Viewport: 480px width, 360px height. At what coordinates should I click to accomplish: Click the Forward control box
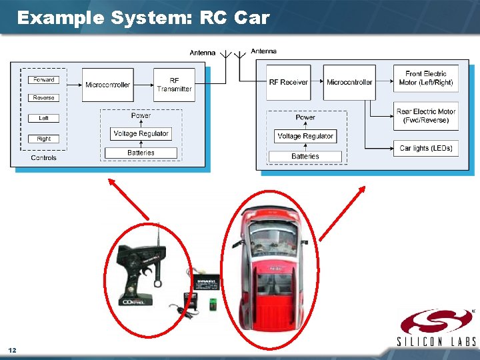coord(44,80)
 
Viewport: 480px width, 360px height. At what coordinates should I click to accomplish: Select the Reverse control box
coord(44,98)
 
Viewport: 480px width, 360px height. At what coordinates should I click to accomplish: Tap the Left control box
coord(44,118)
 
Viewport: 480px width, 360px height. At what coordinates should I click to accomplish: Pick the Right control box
coord(44,139)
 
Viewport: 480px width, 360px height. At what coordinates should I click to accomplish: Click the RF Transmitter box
coord(174,85)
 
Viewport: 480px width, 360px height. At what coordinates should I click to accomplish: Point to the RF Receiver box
coord(289,83)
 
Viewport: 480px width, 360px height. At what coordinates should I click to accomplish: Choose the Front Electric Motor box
coord(425,78)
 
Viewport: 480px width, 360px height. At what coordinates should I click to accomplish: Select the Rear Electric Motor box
coord(425,116)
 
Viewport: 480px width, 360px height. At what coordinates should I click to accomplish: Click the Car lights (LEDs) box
coord(425,148)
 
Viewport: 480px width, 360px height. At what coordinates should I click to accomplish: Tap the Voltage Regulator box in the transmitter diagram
coord(141,133)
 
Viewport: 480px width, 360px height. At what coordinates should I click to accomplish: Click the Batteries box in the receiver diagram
coord(305,157)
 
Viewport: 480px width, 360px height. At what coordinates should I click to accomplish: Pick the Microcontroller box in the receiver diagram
coord(349,83)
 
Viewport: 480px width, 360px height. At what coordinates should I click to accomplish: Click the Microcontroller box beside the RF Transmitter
coord(108,85)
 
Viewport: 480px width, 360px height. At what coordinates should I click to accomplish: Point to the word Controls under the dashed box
coord(44,158)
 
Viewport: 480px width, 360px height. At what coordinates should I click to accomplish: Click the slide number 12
coord(12,350)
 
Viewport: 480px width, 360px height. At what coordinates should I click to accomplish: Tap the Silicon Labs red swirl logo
coord(436,323)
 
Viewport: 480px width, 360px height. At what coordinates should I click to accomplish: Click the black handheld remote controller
coord(141,273)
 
